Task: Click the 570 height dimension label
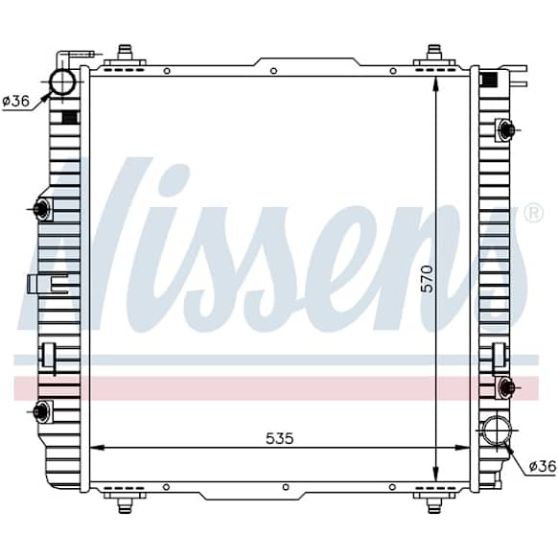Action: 428,279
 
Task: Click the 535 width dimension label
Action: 280,438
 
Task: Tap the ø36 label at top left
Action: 15,102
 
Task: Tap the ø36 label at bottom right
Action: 542,466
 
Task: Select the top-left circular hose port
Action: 62,81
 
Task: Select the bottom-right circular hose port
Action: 497,430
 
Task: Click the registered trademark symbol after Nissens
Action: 534,214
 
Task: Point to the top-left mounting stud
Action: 125,53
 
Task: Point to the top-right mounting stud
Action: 434,53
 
